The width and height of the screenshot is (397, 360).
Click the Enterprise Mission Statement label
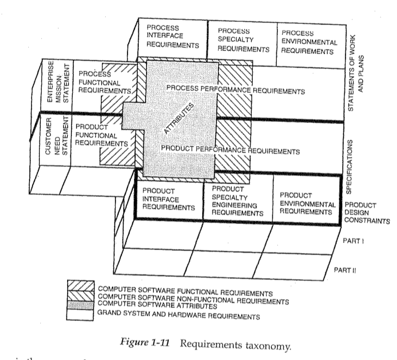pos(57,86)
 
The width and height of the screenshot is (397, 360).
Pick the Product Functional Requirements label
pos(101,135)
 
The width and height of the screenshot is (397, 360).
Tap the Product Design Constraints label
pos(366,213)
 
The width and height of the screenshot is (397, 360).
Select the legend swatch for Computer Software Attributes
pos(81,303)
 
